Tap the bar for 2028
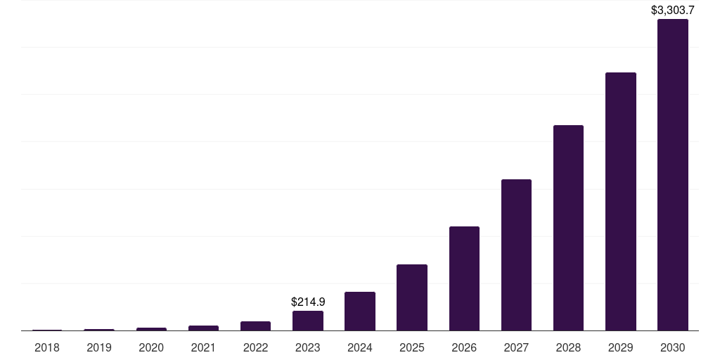pos(568,228)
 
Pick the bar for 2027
pos(516,255)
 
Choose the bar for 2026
pos(464,278)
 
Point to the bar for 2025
pos(412,297)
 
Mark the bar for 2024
pos(360,311)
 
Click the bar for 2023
pos(308,321)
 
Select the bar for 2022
pos(255,326)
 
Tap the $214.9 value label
pos(308,302)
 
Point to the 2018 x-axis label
pos(47,347)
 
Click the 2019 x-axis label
pos(99,347)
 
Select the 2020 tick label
pos(151,347)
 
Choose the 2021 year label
pos(203,347)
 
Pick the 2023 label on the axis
pos(308,347)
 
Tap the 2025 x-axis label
pos(412,347)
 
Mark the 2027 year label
pos(516,347)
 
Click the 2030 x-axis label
pos(672,347)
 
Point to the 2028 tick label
pos(568,347)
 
